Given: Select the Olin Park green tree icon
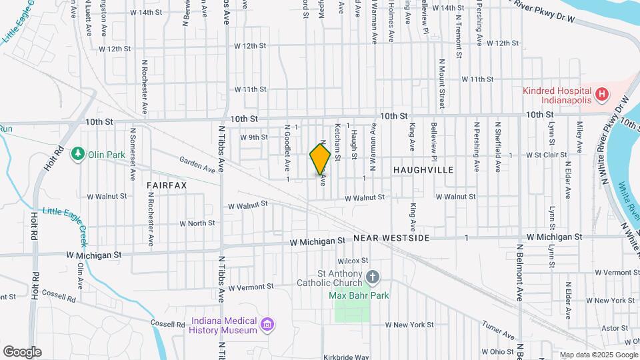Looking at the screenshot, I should [x=79, y=154].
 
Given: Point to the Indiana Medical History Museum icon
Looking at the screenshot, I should [x=267, y=324].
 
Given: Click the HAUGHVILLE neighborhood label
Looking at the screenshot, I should [x=423, y=170].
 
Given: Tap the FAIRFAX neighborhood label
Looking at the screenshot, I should [x=167, y=184].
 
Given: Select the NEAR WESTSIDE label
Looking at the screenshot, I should [x=391, y=238].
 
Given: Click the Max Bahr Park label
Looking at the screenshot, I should [x=359, y=295].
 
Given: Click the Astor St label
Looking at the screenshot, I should [x=611, y=329].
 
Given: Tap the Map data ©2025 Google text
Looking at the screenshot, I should [x=598, y=355].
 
